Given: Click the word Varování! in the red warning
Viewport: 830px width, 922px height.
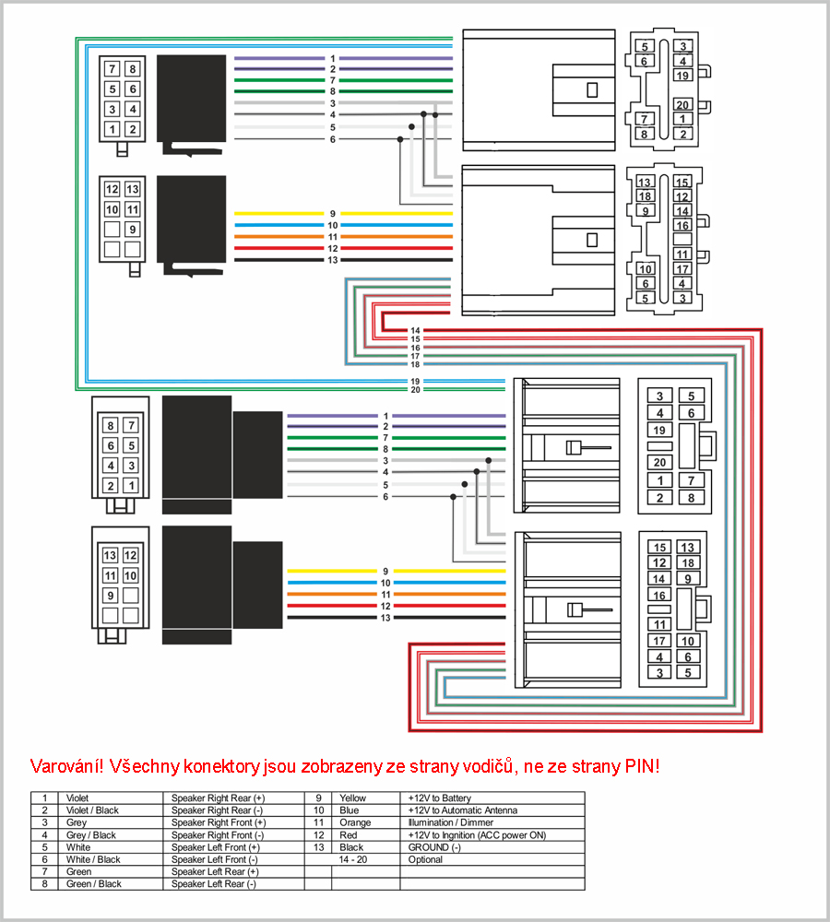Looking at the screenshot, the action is click(x=66, y=766).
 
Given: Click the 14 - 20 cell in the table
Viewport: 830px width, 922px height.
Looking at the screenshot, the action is click(x=352, y=859).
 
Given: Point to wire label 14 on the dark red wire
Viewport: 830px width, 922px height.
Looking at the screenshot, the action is click(x=415, y=330).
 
